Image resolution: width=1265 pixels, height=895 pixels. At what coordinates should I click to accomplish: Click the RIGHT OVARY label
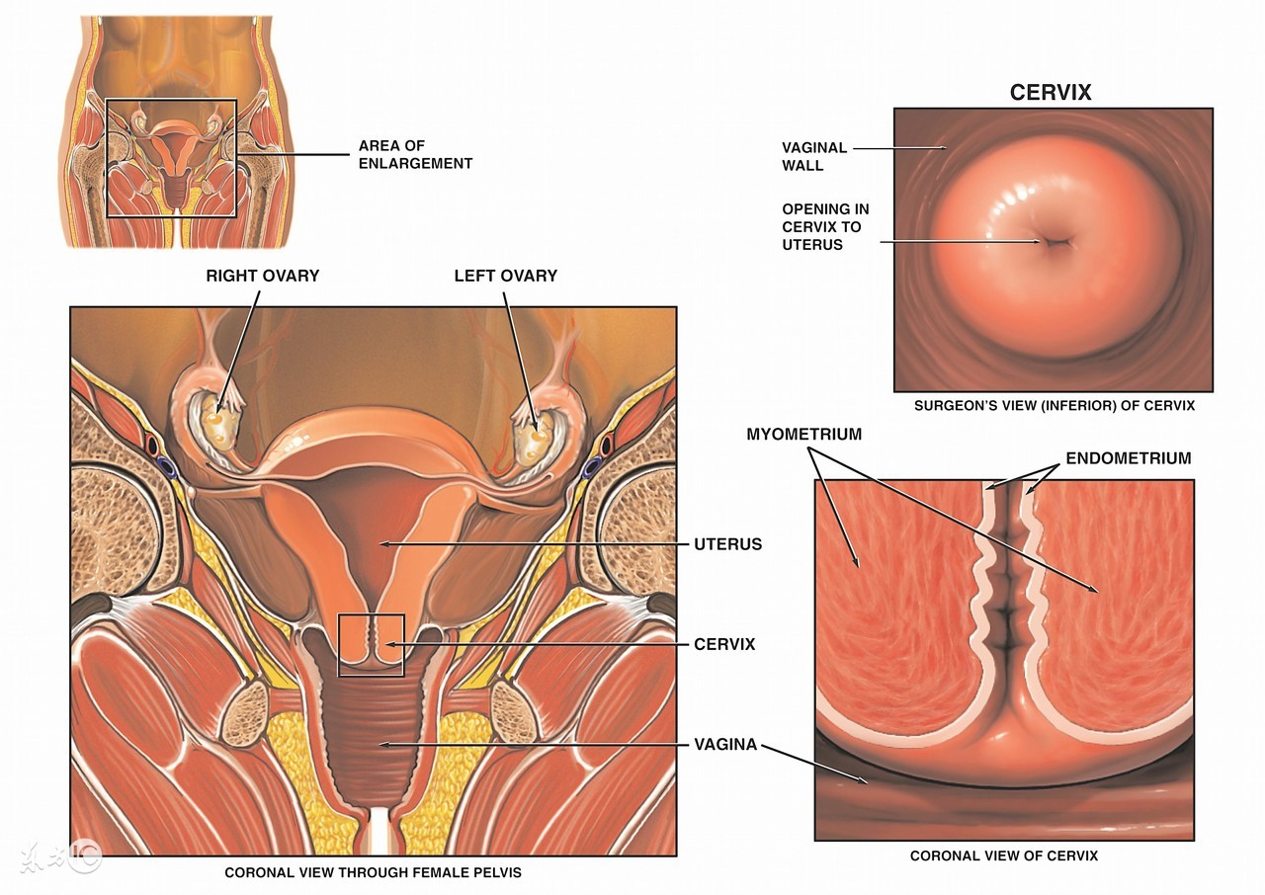pyautogui.click(x=262, y=276)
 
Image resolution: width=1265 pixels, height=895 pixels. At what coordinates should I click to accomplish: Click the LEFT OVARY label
pyautogui.click(x=505, y=276)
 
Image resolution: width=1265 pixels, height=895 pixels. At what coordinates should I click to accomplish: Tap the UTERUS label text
pyautogui.click(x=728, y=544)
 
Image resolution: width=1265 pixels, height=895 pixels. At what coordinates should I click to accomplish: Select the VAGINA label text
pyautogui.click(x=725, y=744)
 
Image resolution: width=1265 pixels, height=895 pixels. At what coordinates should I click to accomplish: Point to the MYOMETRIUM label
pyautogui.click(x=803, y=435)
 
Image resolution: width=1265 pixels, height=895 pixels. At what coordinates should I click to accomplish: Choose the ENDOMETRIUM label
pyautogui.click(x=1128, y=458)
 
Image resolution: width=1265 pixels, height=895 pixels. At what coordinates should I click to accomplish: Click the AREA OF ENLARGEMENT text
pyautogui.click(x=415, y=154)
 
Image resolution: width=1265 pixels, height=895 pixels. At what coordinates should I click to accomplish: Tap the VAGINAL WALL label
pyautogui.click(x=814, y=156)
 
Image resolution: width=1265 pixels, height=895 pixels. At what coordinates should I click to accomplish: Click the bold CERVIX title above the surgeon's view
pyautogui.click(x=1051, y=93)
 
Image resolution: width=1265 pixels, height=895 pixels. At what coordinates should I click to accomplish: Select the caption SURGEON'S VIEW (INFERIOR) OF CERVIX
pyautogui.click(x=1054, y=406)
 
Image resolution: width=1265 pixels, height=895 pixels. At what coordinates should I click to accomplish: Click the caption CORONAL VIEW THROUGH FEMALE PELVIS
pyautogui.click(x=373, y=872)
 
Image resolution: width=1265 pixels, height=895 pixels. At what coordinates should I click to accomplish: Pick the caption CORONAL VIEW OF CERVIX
pyautogui.click(x=1003, y=855)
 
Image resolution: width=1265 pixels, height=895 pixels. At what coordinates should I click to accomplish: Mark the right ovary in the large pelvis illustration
pyautogui.click(x=218, y=424)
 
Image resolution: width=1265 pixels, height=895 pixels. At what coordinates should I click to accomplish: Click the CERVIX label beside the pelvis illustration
pyautogui.click(x=724, y=644)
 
